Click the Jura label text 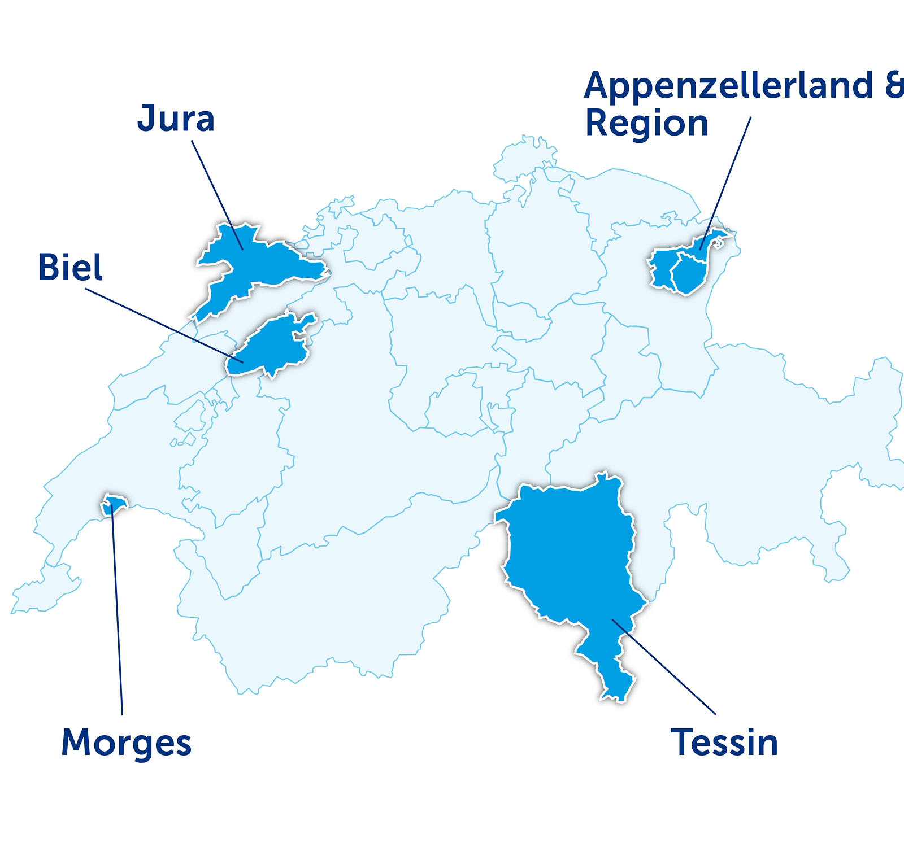coord(176,119)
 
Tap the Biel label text coord(70,267)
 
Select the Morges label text coord(126,743)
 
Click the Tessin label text coord(724,742)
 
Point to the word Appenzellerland coord(729,85)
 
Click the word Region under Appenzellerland coord(646,123)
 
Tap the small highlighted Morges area coord(114,504)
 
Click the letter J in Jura coord(146,118)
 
